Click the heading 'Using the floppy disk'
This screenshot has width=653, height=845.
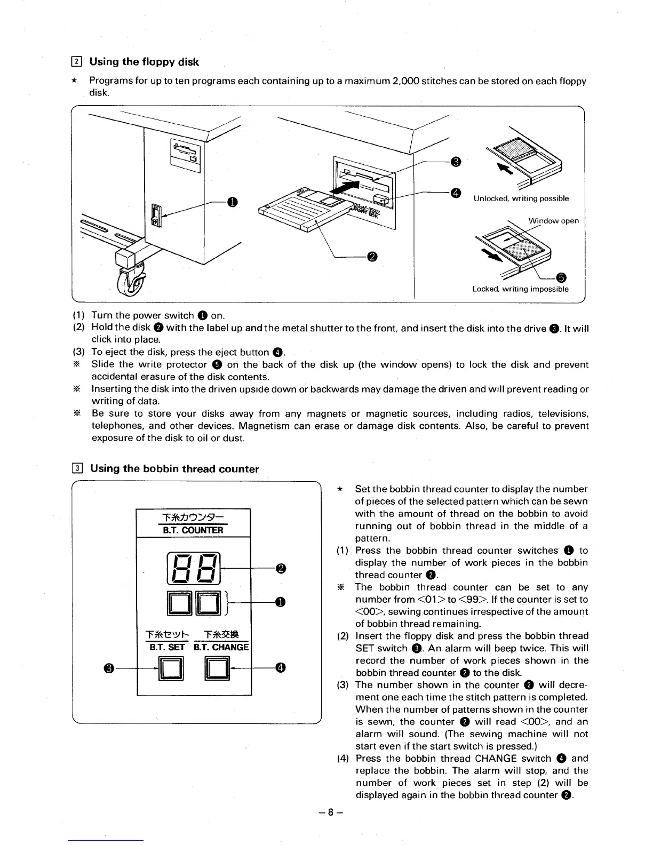[x=144, y=62]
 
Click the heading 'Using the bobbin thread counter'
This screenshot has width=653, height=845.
[x=174, y=469]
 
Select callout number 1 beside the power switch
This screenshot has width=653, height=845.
[x=232, y=202]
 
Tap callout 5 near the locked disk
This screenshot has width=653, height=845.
[x=561, y=277]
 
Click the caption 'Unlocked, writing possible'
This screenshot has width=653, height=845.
[x=521, y=198]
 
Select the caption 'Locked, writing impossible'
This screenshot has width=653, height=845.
[x=520, y=289]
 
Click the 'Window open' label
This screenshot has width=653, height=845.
[x=553, y=221]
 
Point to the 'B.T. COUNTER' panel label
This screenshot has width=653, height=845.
[x=194, y=530]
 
